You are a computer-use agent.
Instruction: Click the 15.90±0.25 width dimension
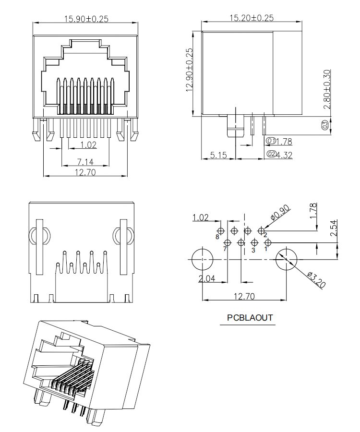86,19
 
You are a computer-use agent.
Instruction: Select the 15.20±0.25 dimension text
252,18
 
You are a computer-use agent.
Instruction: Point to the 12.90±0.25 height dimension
189,70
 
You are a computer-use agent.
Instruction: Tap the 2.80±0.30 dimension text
327,89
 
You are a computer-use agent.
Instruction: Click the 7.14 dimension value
85,162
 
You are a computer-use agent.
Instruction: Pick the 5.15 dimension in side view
218,155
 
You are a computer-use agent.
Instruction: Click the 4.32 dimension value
284,155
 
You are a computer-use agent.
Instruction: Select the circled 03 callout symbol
325,125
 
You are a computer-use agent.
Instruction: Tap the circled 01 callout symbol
271,141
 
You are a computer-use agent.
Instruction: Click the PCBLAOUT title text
250,318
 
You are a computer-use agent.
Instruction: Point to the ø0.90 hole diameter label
280,213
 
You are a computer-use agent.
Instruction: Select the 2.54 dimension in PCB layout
334,228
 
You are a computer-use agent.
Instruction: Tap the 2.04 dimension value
207,278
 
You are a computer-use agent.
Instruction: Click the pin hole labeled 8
221,231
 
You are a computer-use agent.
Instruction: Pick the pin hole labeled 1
268,242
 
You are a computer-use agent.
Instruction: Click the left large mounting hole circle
203,259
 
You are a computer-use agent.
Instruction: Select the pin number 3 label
253,250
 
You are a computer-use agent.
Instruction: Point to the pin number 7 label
225,249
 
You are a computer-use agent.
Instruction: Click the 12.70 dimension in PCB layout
244,297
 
